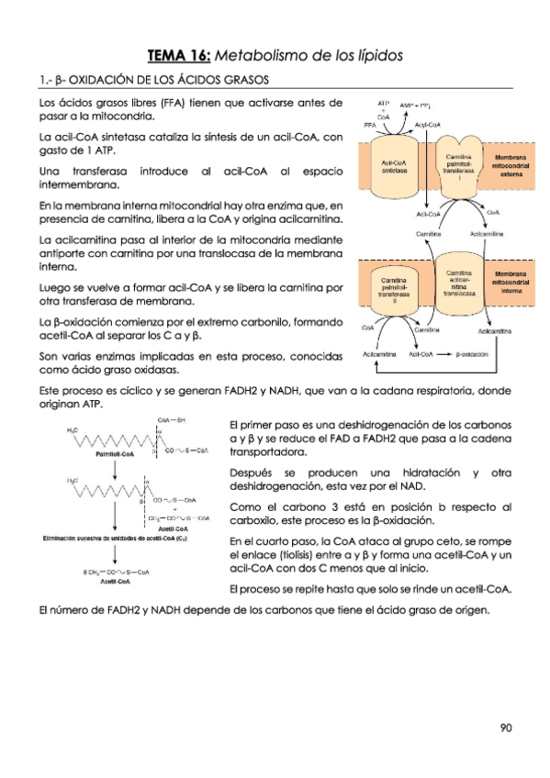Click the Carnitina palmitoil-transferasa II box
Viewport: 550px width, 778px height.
click(395, 287)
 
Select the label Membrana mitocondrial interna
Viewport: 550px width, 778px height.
click(511, 283)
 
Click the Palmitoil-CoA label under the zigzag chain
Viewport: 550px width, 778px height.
click(115, 453)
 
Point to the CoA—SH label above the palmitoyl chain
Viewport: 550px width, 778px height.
click(173, 420)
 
